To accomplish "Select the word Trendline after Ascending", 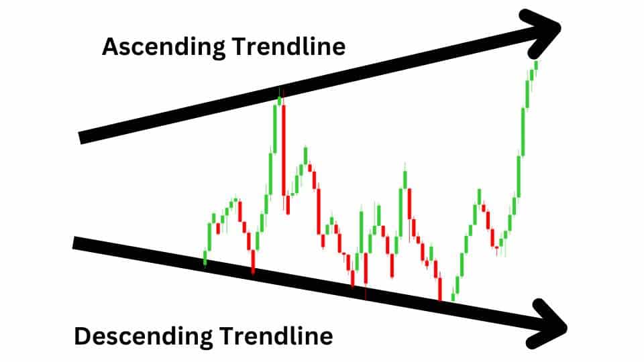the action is [x=288, y=46].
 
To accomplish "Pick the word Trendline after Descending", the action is [x=276, y=336].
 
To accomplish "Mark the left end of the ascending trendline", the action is [x=80, y=138].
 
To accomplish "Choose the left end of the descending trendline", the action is [x=74, y=243].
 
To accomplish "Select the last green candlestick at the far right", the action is [x=535, y=66].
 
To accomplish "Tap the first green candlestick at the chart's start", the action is [x=205, y=259].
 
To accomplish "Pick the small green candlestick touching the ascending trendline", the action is [x=280, y=101].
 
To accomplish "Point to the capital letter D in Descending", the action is [x=83, y=336].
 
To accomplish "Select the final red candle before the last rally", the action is [x=497, y=248].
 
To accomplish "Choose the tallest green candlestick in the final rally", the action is [x=523, y=132].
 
